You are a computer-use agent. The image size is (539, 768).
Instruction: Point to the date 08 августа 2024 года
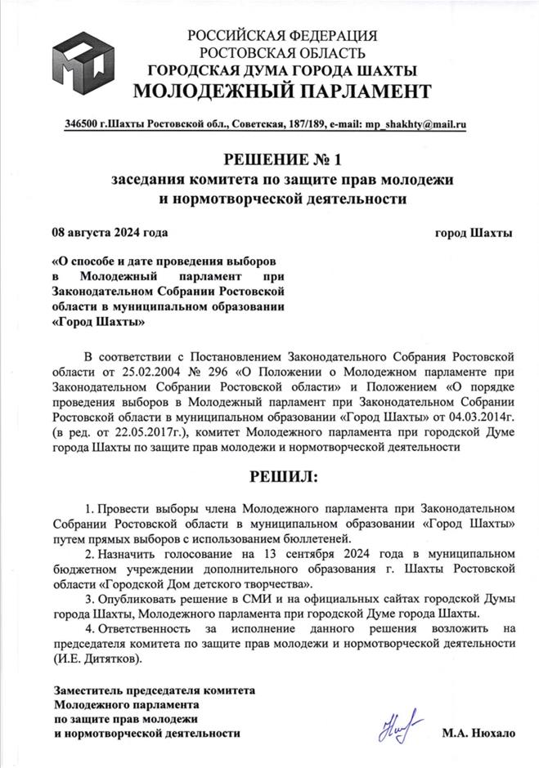(110, 233)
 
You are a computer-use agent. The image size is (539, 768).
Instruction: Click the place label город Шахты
(474, 233)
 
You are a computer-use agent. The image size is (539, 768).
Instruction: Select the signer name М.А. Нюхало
(479, 734)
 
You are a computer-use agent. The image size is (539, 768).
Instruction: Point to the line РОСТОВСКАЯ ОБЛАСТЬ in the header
(281, 52)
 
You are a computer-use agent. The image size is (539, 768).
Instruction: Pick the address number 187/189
(302, 125)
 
